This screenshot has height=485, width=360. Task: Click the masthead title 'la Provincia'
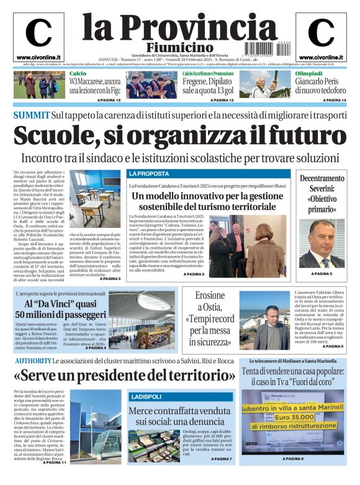click(x=179, y=27)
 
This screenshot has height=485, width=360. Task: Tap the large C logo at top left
click(x=38, y=33)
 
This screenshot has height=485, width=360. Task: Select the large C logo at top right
click(x=321, y=33)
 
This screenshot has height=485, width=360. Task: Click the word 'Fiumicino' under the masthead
click(x=179, y=48)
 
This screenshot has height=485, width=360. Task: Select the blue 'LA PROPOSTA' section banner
click(x=149, y=174)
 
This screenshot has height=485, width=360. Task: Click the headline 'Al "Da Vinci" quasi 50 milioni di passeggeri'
click(x=60, y=309)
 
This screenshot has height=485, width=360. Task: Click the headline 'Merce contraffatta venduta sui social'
click(x=180, y=416)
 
